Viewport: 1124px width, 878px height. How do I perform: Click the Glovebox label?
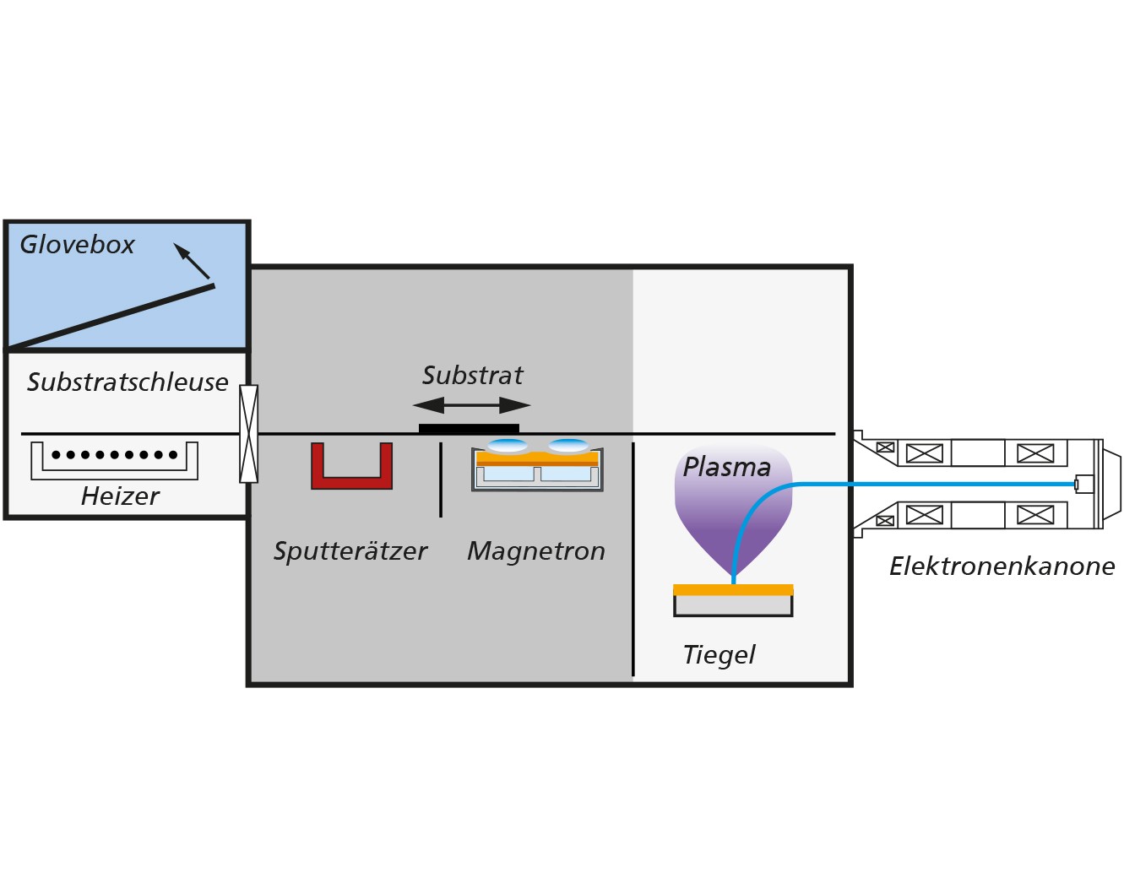pyautogui.click(x=77, y=245)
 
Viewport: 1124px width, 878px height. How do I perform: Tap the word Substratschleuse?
pyautogui.click(x=128, y=382)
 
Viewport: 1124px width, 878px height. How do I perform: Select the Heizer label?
pyautogui.click(x=120, y=496)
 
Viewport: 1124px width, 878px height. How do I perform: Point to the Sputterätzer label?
pyautogui.click(x=350, y=551)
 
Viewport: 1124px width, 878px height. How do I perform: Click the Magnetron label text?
pyautogui.click(x=536, y=551)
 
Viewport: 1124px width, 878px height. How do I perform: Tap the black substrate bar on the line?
pyautogui.click(x=469, y=429)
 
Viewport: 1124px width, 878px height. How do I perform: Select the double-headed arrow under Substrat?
pyautogui.click(x=472, y=405)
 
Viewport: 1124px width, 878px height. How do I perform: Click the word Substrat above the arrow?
pyautogui.click(x=473, y=376)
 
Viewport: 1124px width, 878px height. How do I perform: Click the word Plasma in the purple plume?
pyautogui.click(x=727, y=468)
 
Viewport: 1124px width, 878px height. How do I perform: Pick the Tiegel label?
pyautogui.click(x=719, y=655)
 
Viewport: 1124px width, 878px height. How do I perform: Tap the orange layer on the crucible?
pyautogui.click(x=733, y=589)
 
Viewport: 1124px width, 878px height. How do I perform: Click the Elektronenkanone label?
pyautogui.click(x=1002, y=566)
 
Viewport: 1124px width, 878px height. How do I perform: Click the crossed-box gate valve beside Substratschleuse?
pyautogui.click(x=248, y=434)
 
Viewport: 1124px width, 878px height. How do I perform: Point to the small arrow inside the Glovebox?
pyautogui.click(x=192, y=261)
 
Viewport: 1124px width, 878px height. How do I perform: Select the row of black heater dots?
pyautogui.click(x=115, y=455)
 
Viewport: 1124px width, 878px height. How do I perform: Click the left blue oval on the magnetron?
pyautogui.click(x=508, y=446)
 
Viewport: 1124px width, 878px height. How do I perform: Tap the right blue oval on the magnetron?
pyautogui.click(x=568, y=446)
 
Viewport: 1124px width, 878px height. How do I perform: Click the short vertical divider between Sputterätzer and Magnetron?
pyautogui.click(x=441, y=480)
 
